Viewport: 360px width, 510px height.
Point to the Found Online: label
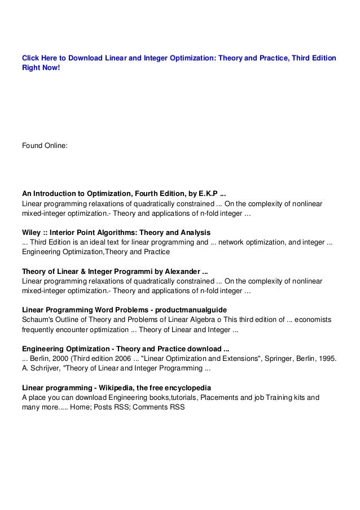pos(45,145)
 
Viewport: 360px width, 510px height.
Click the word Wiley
pos(32,232)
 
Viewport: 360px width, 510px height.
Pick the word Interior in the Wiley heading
pos(67,232)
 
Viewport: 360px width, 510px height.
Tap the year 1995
pos(326,359)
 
